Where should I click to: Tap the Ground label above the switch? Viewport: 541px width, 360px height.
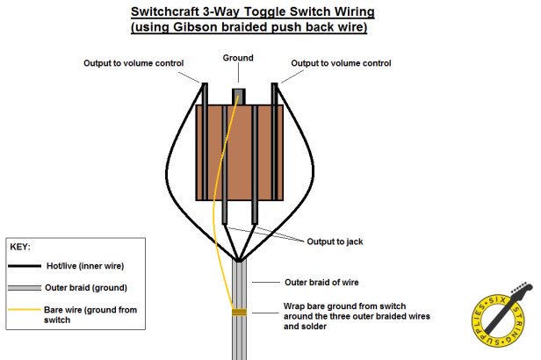tap(238, 59)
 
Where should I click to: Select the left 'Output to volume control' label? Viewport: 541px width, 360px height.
tap(133, 63)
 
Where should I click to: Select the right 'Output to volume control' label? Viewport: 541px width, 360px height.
tap(341, 63)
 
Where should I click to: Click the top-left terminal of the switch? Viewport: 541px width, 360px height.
tap(205, 94)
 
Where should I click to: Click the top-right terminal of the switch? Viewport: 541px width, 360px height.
tap(274, 94)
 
